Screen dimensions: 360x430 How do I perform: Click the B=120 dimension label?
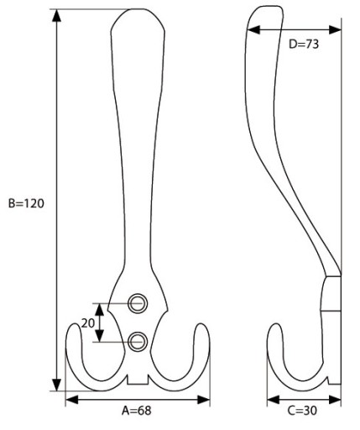pos(26,203)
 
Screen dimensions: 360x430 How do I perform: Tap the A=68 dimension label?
pos(137,411)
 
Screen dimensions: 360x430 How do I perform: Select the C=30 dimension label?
pos(302,411)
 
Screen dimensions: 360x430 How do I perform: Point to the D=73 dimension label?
pos(304,44)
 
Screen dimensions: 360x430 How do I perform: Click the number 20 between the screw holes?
pos(88,323)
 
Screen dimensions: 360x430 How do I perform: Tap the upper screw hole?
pos(138,303)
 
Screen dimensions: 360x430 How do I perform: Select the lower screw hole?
pos(138,341)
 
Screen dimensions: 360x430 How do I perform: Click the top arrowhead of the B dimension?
pos(57,15)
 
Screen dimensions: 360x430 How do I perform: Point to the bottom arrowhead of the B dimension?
pos(57,385)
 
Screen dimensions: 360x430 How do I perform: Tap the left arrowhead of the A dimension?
pos(72,400)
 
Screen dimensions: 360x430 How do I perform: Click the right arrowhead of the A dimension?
pos(203,400)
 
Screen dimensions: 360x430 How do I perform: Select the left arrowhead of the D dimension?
pos(253,29)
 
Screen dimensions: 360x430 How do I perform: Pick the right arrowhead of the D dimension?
pos(335,29)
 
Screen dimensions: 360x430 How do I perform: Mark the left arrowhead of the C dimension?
pos(274,400)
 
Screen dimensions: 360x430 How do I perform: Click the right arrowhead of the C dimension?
pos(335,400)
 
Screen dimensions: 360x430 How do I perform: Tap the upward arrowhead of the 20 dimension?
pos(100,310)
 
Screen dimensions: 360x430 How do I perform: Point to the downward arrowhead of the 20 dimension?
pos(100,336)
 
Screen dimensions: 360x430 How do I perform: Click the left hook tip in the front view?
pos(75,325)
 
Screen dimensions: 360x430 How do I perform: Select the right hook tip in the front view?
pos(201,325)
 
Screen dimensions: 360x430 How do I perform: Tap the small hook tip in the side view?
pos(276,325)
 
